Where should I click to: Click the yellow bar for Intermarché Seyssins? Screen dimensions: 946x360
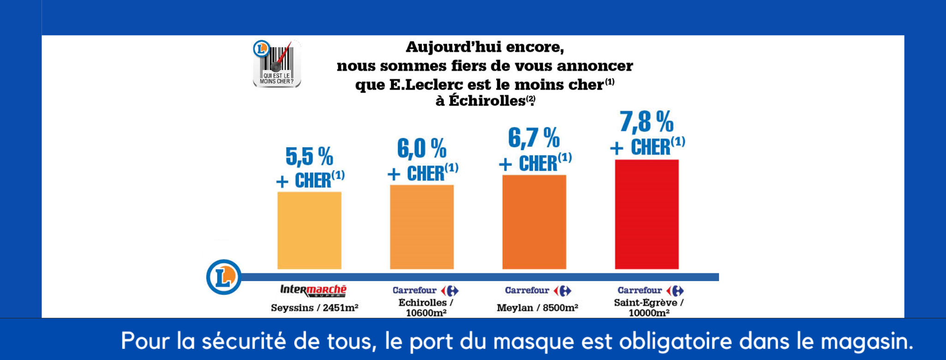point(309,230)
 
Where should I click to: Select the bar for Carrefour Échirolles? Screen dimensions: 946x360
point(422,227)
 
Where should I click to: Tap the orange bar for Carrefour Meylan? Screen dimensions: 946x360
point(534,222)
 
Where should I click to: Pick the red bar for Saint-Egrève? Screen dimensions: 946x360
point(647,214)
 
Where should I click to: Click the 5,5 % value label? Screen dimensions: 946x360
point(309,156)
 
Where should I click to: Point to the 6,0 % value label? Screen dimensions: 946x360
point(422,148)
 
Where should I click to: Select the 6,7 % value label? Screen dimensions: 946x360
point(534,138)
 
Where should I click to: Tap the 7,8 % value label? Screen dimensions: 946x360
point(647,122)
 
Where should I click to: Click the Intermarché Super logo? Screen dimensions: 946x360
point(313,290)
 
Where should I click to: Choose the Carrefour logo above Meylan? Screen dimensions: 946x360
point(538,291)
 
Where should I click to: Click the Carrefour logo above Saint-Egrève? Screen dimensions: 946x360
point(651,291)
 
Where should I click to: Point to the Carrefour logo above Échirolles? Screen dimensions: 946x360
point(425,291)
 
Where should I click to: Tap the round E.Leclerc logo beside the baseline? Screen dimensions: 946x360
point(224,277)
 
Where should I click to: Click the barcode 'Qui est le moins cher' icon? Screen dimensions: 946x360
point(277,64)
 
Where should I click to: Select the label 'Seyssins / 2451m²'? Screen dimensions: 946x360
point(315,308)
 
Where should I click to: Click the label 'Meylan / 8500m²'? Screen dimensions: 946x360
point(538,308)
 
